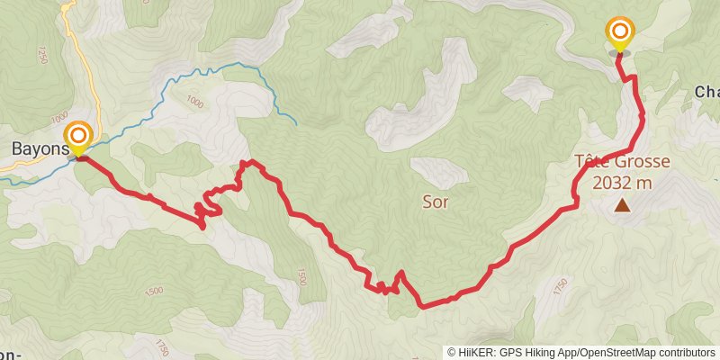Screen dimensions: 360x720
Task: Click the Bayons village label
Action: pos(38,148)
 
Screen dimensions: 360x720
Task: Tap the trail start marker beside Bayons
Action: pos(78,137)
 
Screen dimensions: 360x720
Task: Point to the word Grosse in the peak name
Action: pos(643,163)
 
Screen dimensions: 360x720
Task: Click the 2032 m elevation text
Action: pos(622,182)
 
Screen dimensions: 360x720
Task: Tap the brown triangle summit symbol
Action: pos(622,205)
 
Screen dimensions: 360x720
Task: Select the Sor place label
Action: pos(435,202)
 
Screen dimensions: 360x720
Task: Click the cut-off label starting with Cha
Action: pos(706,92)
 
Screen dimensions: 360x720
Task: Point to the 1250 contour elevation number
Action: pos(42,55)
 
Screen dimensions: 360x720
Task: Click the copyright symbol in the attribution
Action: pos(453,352)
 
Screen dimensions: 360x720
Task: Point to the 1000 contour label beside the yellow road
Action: pos(60,116)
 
